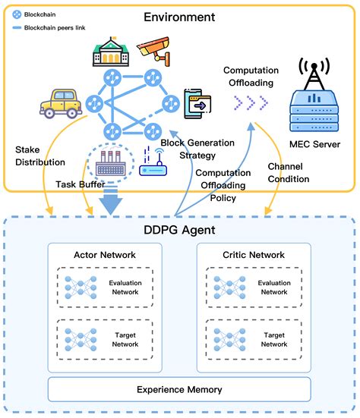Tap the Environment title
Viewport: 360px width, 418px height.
(x=179, y=17)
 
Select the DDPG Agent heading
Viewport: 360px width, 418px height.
(x=179, y=230)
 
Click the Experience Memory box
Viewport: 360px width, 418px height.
(x=179, y=389)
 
